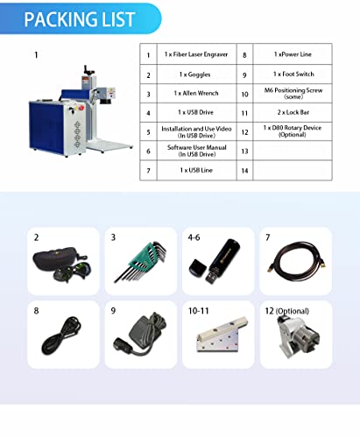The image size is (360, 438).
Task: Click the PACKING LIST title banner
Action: coord(80,17)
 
